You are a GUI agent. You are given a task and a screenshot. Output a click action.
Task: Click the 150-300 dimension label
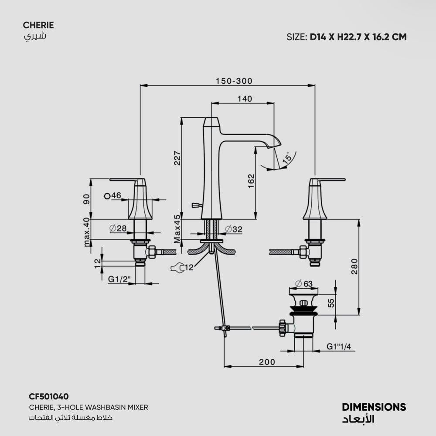[234, 81]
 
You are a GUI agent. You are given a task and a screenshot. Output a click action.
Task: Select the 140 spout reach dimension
[245, 99]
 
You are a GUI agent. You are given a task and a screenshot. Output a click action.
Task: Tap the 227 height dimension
[177, 158]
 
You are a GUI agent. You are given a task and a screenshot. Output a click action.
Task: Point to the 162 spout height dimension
[251, 181]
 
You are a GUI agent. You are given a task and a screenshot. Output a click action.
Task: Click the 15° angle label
[287, 157]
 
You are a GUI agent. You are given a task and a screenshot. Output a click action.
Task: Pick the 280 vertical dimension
[354, 266]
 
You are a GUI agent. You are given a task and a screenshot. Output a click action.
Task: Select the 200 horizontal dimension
[267, 362]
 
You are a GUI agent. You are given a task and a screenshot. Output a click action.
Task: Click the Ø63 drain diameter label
[303, 284]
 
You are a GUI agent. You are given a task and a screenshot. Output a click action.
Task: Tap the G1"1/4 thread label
[339, 347]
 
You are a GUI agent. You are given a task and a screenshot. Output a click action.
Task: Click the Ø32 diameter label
[234, 229]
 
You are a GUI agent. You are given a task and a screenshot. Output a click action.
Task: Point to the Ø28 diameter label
[118, 228]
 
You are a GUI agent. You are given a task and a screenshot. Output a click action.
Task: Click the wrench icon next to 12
[177, 268]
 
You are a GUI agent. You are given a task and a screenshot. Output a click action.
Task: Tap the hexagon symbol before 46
[107, 196]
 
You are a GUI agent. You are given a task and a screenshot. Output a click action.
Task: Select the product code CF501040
[49, 396]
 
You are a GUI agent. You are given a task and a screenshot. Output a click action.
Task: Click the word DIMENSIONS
[374, 407]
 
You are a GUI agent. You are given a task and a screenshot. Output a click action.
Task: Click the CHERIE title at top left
[38, 25]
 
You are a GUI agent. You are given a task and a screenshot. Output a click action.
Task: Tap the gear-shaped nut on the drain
[283, 328]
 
